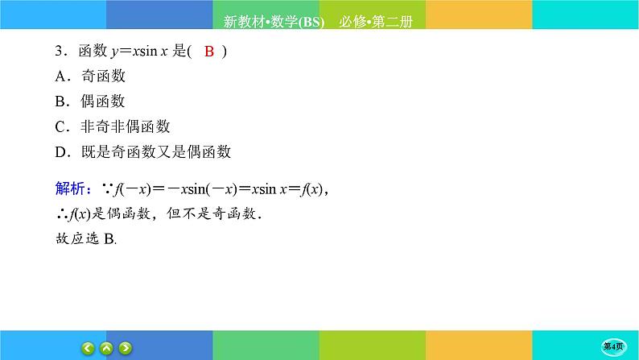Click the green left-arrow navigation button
(88, 348)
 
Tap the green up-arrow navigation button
(106, 348)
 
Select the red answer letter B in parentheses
(208, 52)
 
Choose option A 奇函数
(91, 77)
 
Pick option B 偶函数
(91, 101)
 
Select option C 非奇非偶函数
(113, 126)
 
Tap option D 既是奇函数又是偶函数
(142, 151)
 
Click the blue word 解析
(71, 189)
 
